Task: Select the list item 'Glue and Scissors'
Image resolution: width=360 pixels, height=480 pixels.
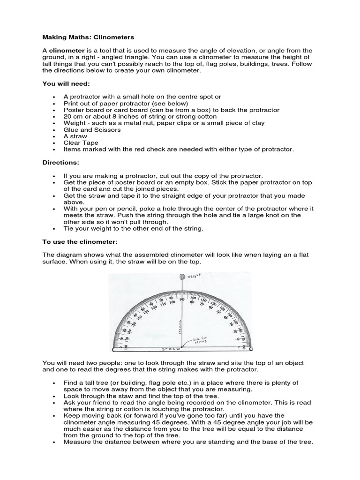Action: [x=92, y=130]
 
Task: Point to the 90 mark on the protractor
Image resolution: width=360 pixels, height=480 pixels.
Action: [x=181, y=299]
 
